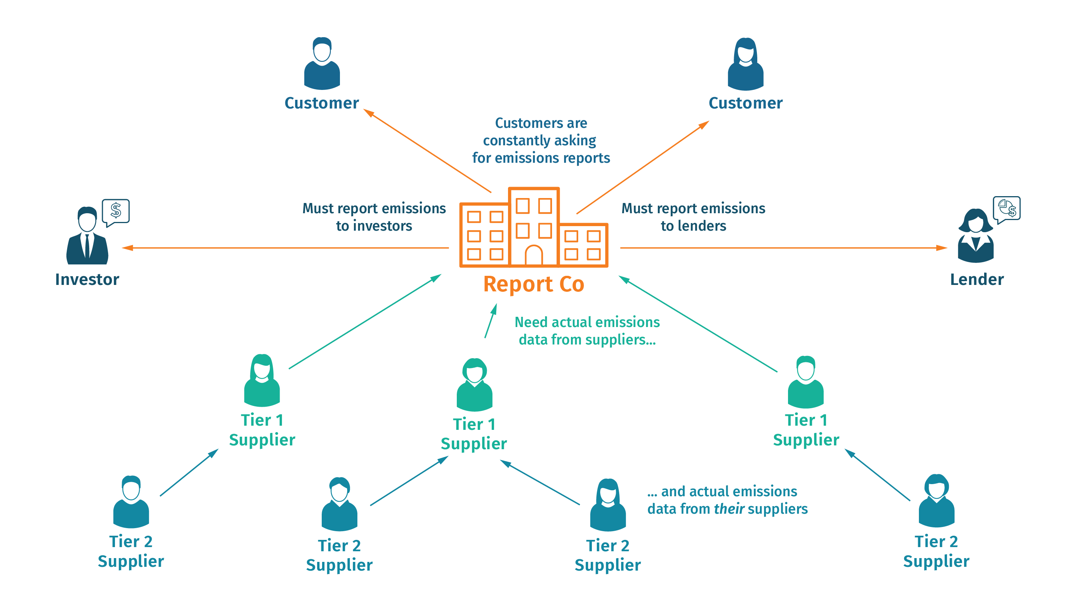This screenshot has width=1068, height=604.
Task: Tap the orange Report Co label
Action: pyautogui.click(x=533, y=285)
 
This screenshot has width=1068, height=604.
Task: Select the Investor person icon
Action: pyautogui.click(x=87, y=236)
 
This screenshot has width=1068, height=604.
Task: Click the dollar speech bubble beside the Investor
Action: pyautogui.click(x=116, y=211)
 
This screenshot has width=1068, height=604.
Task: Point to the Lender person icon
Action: pyautogui.click(x=975, y=236)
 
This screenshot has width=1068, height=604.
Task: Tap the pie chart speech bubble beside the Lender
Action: pyautogui.click(x=1007, y=208)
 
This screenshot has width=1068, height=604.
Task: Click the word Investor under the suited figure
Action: pyautogui.click(x=87, y=280)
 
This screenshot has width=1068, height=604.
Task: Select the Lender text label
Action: pyautogui.click(x=977, y=280)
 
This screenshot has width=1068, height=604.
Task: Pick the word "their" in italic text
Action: pyautogui.click(x=729, y=509)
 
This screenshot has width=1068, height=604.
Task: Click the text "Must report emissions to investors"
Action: pyautogui.click(x=374, y=217)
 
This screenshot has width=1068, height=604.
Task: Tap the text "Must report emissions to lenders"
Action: pyautogui.click(x=693, y=217)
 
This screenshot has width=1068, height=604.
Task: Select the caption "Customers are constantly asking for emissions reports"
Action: pyautogui.click(x=541, y=141)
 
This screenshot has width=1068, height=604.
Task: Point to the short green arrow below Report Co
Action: pyautogui.click(x=491, y=321)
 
